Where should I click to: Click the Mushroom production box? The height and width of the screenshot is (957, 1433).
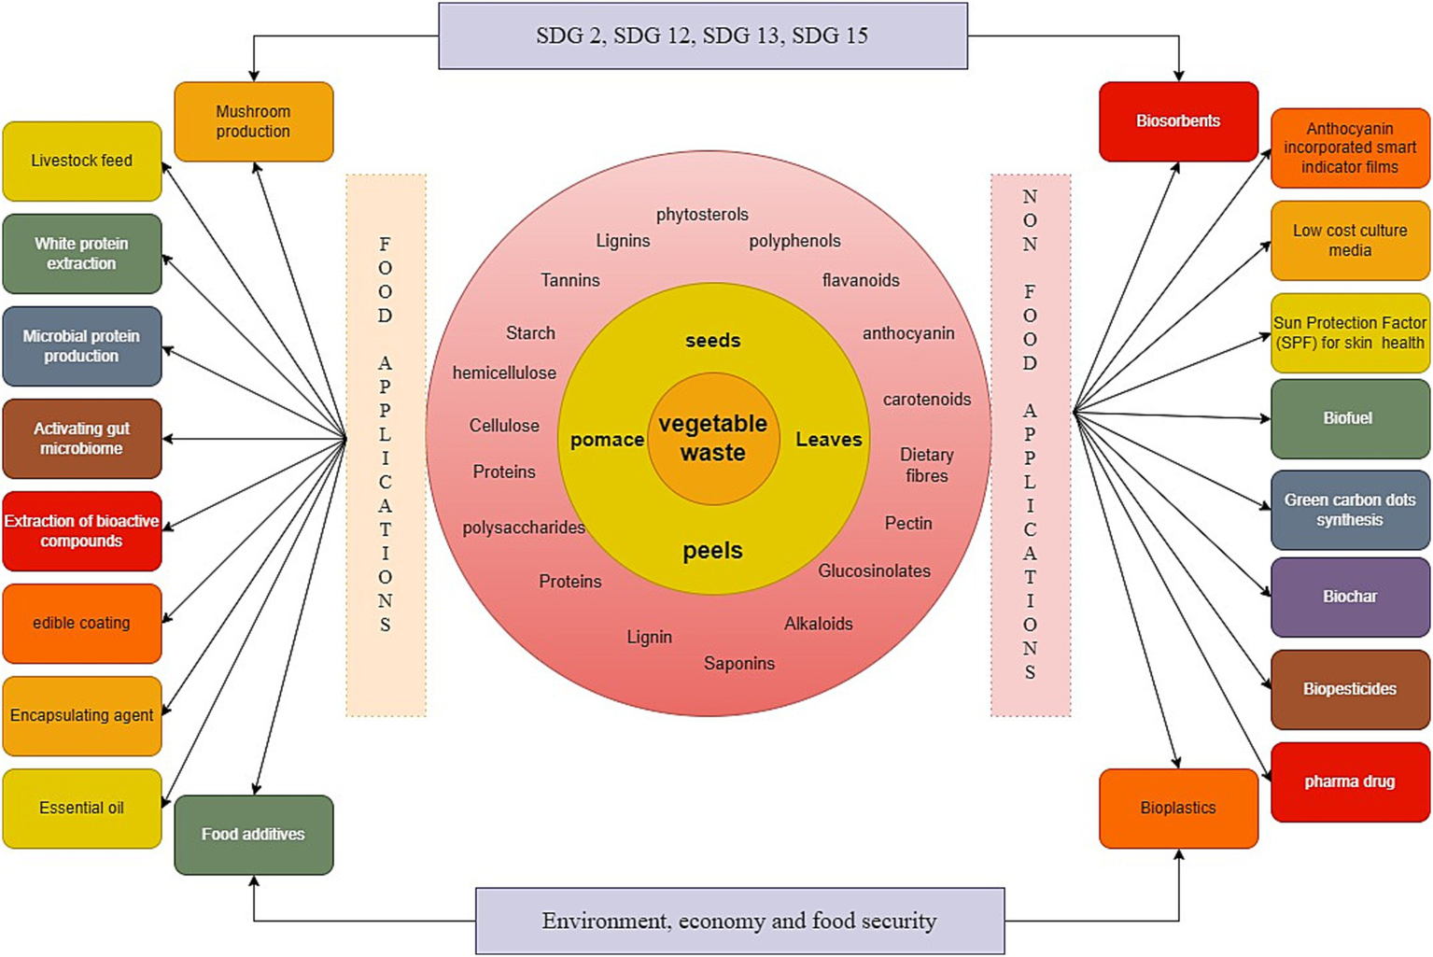pyautogui.click(x=253, y=121)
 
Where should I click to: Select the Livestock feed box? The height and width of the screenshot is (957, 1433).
pyautogui.click(x=82, y=161)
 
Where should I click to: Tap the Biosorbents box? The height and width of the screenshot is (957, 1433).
pyautogui.click(x=1178, y=121)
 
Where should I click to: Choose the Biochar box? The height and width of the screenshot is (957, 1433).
pyautogui.click(x=1350, y=597)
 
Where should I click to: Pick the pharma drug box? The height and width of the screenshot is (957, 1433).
pyautogui.click(x=1350, y=781)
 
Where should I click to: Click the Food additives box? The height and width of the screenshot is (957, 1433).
pyautogui.click(x=253, y=834)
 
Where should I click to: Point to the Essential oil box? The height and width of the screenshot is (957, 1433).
pyautogui.click(x=82, y=808)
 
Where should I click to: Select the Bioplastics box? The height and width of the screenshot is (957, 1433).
pyautogui.click(x=1178, y=808)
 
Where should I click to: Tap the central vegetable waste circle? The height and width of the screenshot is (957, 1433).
pyautogui.click(x=713, y=438)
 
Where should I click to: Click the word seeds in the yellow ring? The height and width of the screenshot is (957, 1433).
pyautogui.click(x=713, y=341)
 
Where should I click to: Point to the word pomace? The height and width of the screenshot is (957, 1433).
pyautogui.click(x=607, y=440)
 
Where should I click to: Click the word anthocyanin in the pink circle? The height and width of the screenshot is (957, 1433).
pyautogui.click(x=908, y=333)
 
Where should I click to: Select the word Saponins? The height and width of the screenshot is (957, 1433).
pyautogui.click(x=739, y=663)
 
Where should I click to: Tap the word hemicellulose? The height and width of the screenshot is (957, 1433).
pyautogui.click(x=504, y=373)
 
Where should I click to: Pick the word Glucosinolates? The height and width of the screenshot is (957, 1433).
pyautogui.click(x=874, y=570)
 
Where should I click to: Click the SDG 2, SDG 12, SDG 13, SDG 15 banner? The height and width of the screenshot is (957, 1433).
pyautogui.click(x=702, y=35)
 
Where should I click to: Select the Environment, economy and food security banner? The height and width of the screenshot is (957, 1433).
pyautogui.click(x=739, y=921)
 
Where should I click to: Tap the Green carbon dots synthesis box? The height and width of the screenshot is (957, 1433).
pyautogui.click(x=1350, y=510)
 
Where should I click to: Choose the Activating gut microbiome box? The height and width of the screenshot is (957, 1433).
pyautogui.click(x=82, y=438)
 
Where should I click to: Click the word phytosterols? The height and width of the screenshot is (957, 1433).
pyautogui.click(x=702, y=215)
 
